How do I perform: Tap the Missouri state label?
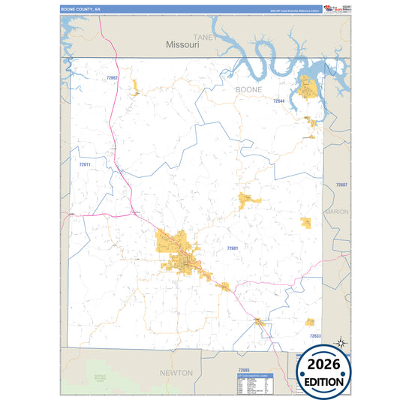tap(182, 45)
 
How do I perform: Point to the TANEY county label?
tap(203, 36)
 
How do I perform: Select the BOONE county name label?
tap(249, 89)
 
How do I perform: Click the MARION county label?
tap(337, 212)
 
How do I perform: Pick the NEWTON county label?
tap(177, 372)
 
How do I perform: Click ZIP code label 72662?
tap(113, 77)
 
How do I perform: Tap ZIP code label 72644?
tap(278, 101)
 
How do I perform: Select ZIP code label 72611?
tap(85, 164)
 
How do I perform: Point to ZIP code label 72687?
tap(341, 185)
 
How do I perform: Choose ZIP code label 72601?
tap(233, 248)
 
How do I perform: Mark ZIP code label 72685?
tap(242, 370)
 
